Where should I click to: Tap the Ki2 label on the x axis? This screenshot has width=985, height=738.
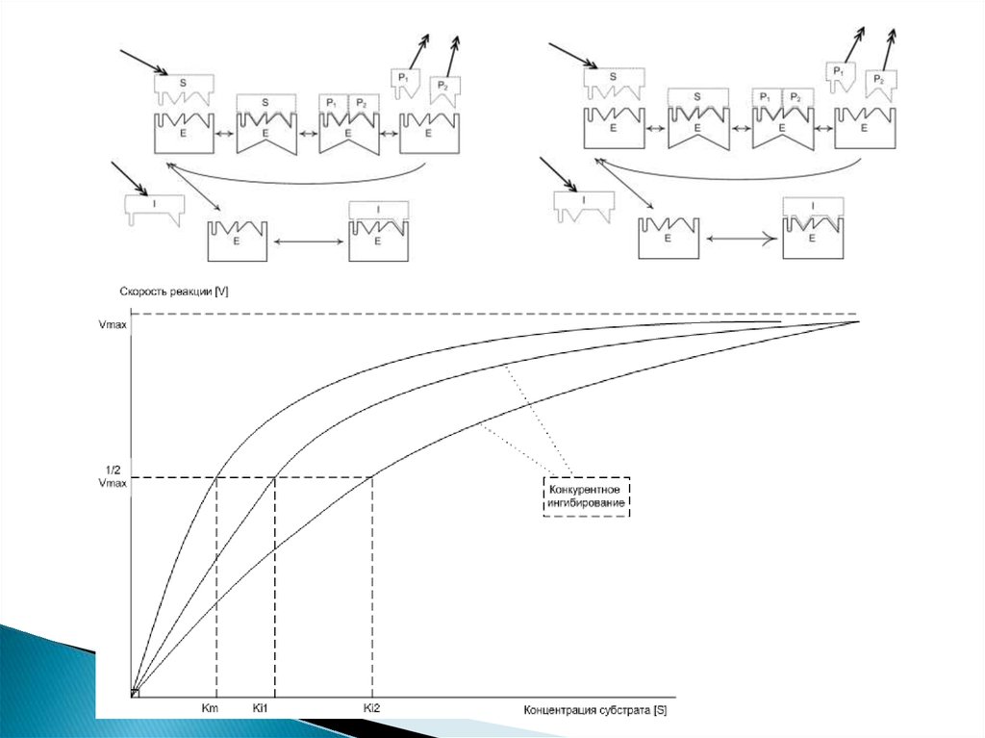pyautogui.click(x=372, y=710)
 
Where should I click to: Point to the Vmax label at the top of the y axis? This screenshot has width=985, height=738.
pyautogui.click(x=112, y=323)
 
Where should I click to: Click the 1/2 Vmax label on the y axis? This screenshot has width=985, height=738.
pyautogui.click(x=112, y=476)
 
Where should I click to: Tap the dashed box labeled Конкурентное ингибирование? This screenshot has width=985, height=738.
pyautogui.click(x=587, y=496)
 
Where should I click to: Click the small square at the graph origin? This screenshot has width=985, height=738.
pyautogui.click(x=136, y=693)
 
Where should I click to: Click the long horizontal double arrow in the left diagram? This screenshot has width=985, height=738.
pyautogui.click(x=307, y=242)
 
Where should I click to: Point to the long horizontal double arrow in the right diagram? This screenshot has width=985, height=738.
pyautogui.click(x=739, y=239)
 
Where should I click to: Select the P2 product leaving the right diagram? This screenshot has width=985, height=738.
pyautogui.click(x=879, y=83)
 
